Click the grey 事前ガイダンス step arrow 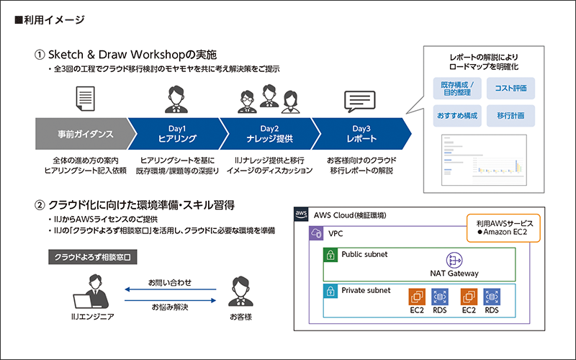tap(83, 134)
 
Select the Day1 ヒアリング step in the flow tap(177, 134)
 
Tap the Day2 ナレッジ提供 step tap(270, 134)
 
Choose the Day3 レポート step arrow tap(360, 134)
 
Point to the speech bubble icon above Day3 tap(359, 102)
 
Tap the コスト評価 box tap(510, 89)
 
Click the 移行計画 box tap(510, 115)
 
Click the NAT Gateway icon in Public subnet tap(454, 260)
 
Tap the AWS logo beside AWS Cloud tap(302, 215)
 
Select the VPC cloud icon tap(315, 234)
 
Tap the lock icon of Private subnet tap(330, 291)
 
